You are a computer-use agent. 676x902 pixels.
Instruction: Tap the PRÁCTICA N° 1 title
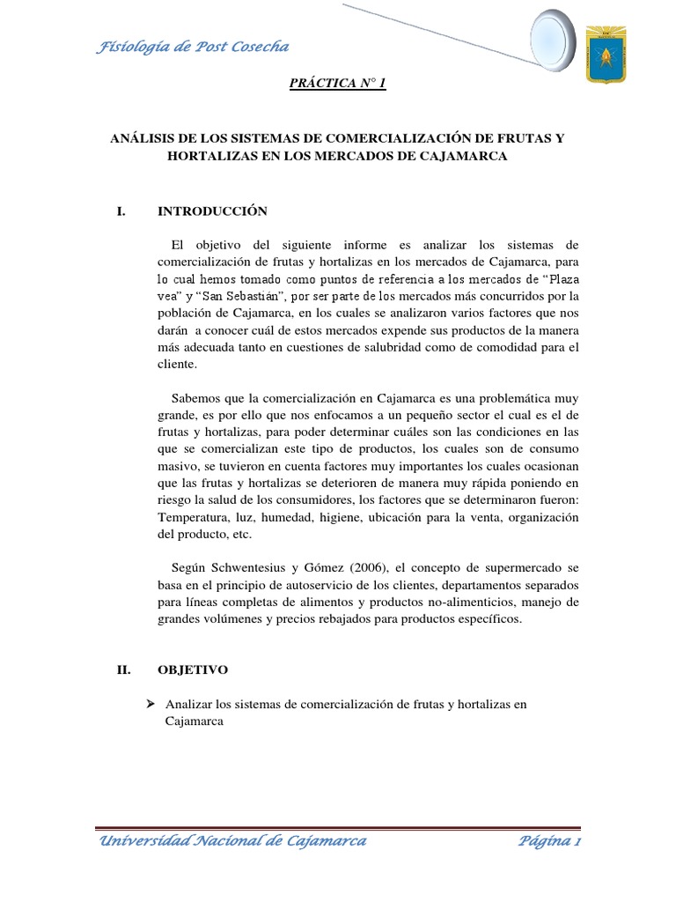tap(338, 84)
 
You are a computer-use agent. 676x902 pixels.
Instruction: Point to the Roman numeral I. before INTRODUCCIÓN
tap(121, 211)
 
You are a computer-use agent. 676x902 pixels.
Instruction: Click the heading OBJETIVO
tap(192, 670)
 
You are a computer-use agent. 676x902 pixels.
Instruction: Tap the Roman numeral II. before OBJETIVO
tap(123, 670)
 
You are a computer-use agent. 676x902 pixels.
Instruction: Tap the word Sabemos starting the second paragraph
tap(202, 397)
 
